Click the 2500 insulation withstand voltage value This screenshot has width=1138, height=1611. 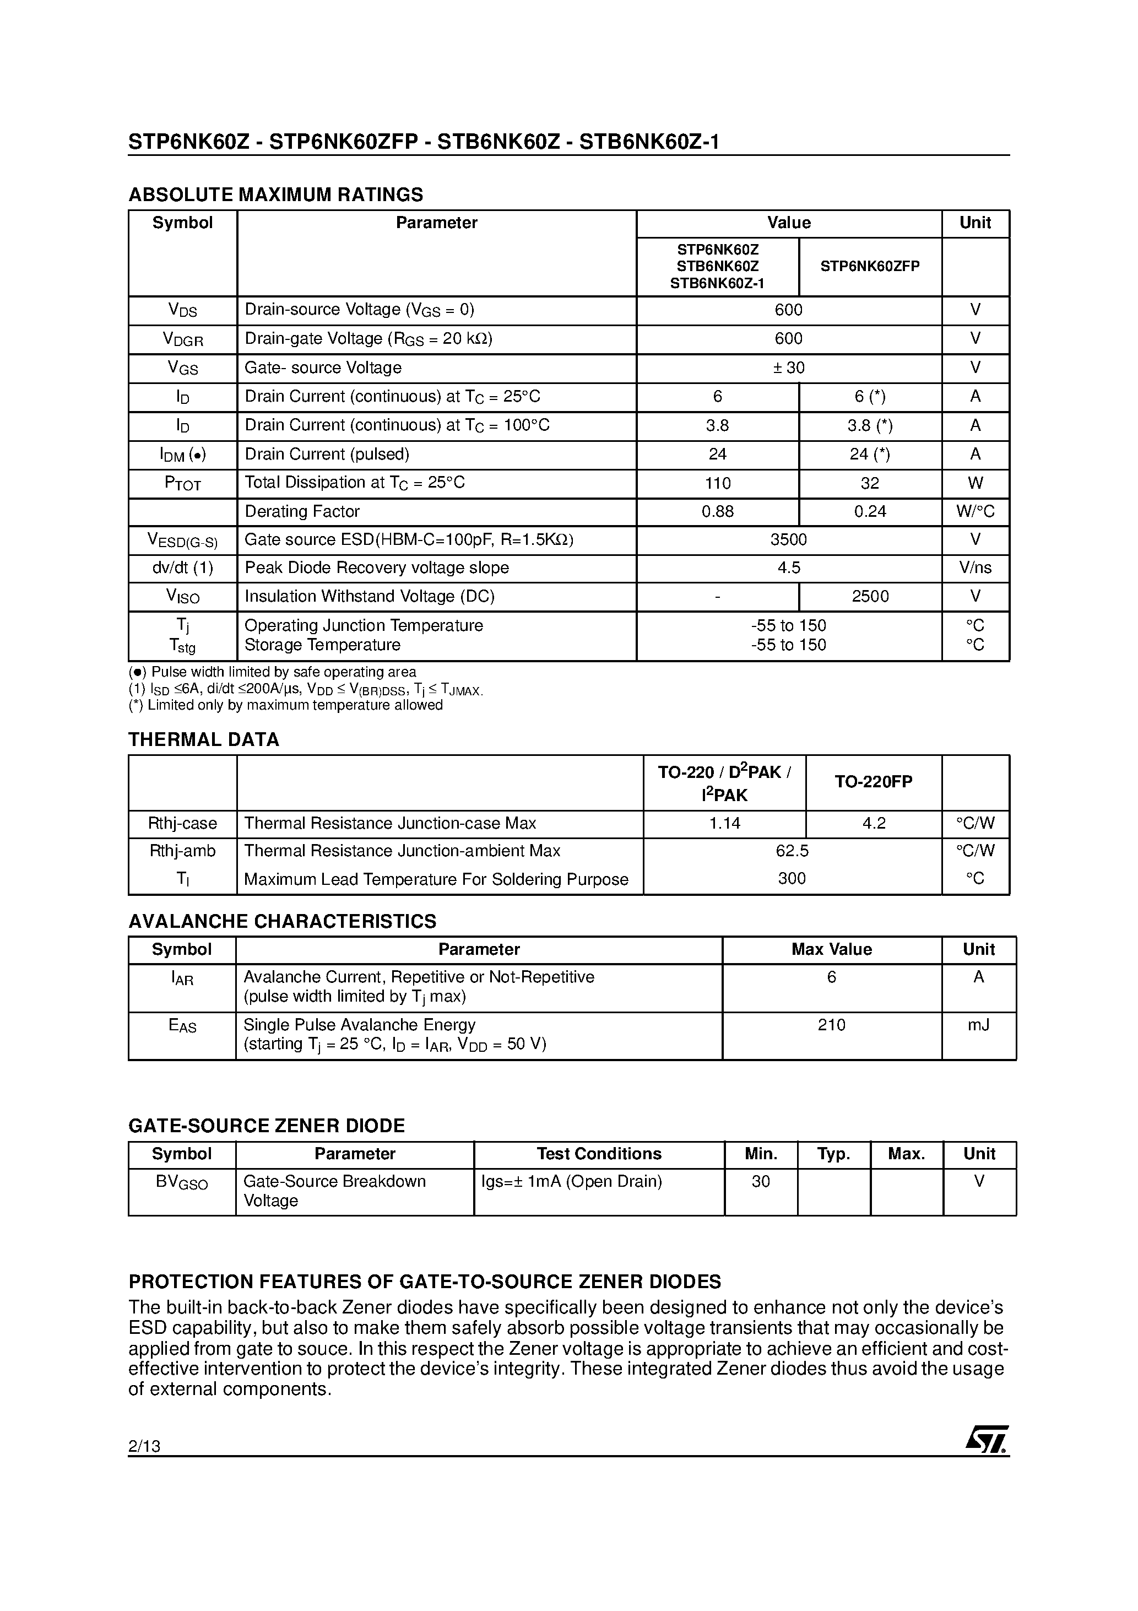[869, 596]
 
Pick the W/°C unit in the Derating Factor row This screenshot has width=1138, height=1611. [974, 511]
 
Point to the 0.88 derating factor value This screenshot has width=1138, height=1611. [717, 511]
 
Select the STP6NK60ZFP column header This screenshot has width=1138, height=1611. [869, 267]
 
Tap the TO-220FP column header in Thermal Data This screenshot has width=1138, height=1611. [873, 782]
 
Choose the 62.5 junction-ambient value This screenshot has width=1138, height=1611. [792, 851]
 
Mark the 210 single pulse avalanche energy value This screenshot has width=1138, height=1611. [831, 1025]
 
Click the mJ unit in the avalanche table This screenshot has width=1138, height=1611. [978, 1025]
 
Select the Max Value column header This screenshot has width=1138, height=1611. [831, 949]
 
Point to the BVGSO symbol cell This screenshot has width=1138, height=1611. [182, 1182]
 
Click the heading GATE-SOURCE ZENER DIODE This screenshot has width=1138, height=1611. [267, 1126]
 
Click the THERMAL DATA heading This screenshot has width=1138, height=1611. [203, 739]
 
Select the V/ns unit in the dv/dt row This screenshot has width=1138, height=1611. [974, 567]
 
